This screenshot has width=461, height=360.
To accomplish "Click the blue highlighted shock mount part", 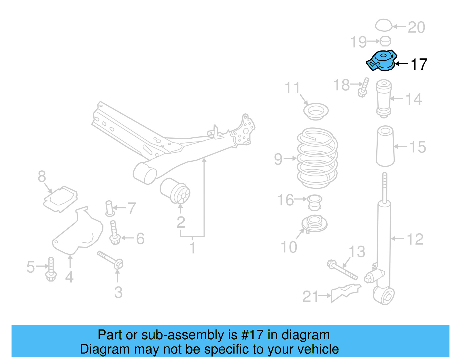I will [x=382, y=61].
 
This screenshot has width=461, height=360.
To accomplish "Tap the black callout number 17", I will [x=419, y=64].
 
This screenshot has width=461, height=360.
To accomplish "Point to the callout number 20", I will [x=416, y=28].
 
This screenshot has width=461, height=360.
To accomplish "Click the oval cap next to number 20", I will [x=383, y=25].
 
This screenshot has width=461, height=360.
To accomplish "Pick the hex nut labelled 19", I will [x=385, y=41].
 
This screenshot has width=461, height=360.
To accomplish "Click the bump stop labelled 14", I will [x=383, y=98].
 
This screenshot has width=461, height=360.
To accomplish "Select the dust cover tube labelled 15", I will [x=385, y=146].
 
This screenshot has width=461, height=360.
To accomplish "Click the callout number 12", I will [x=415, y=239].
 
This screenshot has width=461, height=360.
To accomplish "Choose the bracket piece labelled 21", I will [x=345, y=292].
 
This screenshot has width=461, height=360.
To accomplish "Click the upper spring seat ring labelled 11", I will [x=316, y=111].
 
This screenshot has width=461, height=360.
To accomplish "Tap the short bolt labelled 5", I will [x=51, y=269].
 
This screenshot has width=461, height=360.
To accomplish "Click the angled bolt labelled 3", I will [x=110, y=259].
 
